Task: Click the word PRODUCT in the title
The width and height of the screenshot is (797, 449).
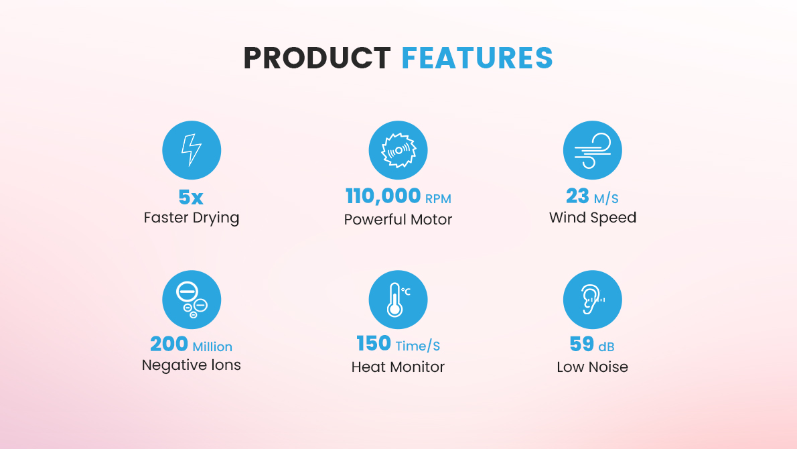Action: coord(317,58)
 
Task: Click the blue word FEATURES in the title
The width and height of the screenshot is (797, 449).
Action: coord(477,58)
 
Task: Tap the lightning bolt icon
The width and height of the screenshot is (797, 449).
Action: coord(192,150)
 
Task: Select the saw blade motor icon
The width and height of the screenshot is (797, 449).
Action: coord(398,150)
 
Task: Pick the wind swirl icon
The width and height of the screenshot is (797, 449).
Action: coord(592,150)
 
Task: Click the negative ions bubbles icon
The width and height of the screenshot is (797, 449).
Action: coord(192,300)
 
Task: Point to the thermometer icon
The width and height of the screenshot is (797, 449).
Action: coord(398,300)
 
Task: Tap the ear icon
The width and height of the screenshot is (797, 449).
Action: coord(592,300)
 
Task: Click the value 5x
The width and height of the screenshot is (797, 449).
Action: coord(191,197)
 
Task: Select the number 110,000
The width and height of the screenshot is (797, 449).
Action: coord(382,196)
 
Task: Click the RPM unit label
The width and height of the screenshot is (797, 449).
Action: coord(438,198)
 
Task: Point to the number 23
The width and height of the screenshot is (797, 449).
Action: coord(577,196)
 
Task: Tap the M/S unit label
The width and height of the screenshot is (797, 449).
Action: coord(606,198)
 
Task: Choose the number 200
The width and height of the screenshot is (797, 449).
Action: coord(169,344)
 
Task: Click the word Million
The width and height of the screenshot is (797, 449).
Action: coord(212,346)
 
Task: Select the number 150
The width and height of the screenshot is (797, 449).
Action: coord(374,344)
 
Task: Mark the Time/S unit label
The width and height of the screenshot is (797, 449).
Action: coord(418,346)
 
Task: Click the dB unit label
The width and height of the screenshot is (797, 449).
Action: coord(606,346)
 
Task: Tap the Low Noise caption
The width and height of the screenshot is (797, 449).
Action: coord(592,367)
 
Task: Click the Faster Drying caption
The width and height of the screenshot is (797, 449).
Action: coord(192,218)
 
